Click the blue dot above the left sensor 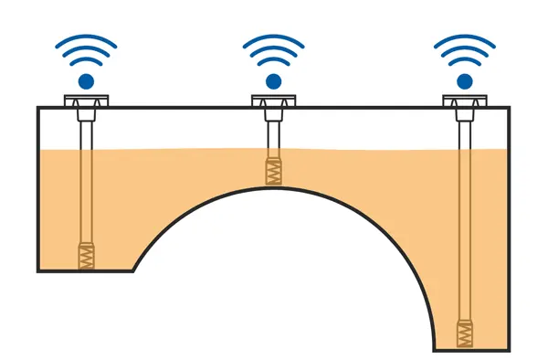coord(86,81)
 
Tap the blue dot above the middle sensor coord(273,81)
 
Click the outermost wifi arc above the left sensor coord(86,39)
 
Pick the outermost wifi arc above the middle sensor coord(273,39)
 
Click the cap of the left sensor coord(86,100)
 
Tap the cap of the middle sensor coord(273,100)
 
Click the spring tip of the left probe coord(86,255)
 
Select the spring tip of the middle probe coord(273,172)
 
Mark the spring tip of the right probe coord(465,332)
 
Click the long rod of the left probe coord(86,183)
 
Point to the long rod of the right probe coord(465,219)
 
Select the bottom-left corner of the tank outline coord(38,270)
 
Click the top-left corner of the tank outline coord(38,108)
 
